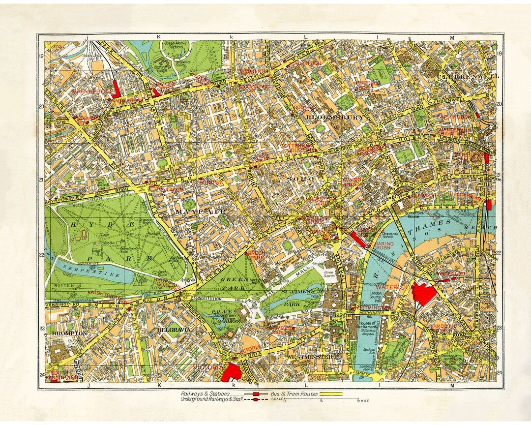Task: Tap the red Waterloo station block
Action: (x=423, y=294)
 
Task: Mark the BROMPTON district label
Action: (x=69, y=333)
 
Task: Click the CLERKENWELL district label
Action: (x=463, y=77)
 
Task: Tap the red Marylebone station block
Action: (x=116, y=89)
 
